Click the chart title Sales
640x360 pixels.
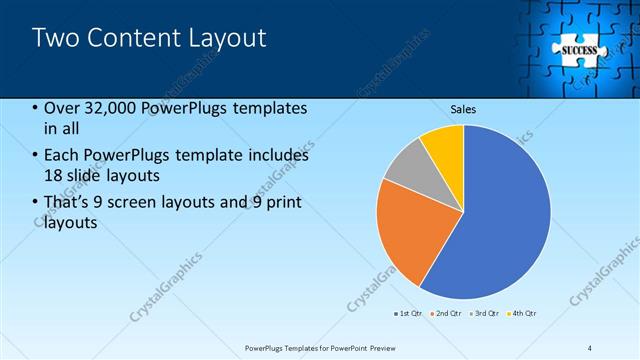click(463, 109)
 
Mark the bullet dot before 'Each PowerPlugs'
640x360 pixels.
click(36, 156)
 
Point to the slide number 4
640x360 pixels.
click(590, 347)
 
